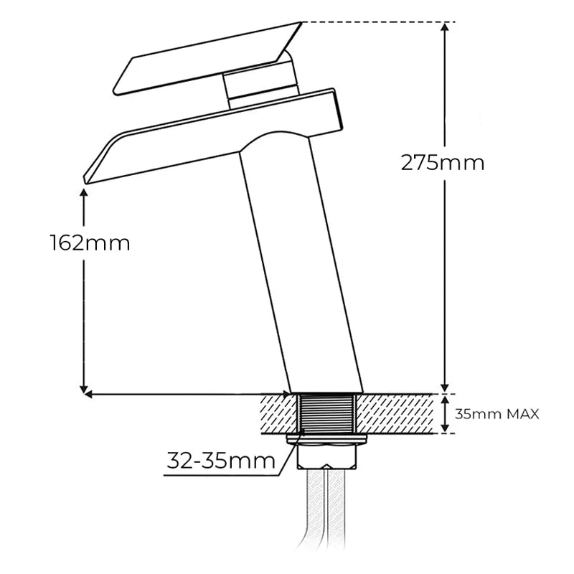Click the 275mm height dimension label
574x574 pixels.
click(443, 163)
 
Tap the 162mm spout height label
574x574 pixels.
click(90, 243)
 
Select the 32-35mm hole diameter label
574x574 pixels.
click(221, 461)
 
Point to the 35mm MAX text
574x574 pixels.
click(497, 415)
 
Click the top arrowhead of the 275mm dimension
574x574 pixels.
click(445, 27)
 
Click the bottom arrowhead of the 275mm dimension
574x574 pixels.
click(445, 387)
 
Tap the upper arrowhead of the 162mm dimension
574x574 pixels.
click(84, 193)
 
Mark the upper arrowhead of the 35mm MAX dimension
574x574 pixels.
click(445, 400)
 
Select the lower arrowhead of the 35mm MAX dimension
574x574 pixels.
click(445, 428)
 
